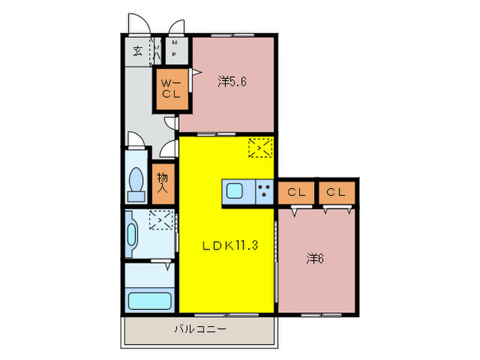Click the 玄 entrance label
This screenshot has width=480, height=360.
[138, 51]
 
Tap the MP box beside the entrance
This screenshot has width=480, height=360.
[175, 49]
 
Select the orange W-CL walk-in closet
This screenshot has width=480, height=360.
[170, 89]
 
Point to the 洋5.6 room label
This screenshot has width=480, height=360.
[232, 82]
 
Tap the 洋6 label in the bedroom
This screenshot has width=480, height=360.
[315, 259]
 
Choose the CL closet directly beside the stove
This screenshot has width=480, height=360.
[296, 192]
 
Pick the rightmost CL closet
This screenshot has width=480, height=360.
[336, 192]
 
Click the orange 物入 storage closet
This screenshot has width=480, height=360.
[164, 182]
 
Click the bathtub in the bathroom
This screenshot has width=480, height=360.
[149, 300]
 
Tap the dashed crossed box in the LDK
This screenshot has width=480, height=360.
[260, 147]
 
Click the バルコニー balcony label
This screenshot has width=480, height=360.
[199, 330]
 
